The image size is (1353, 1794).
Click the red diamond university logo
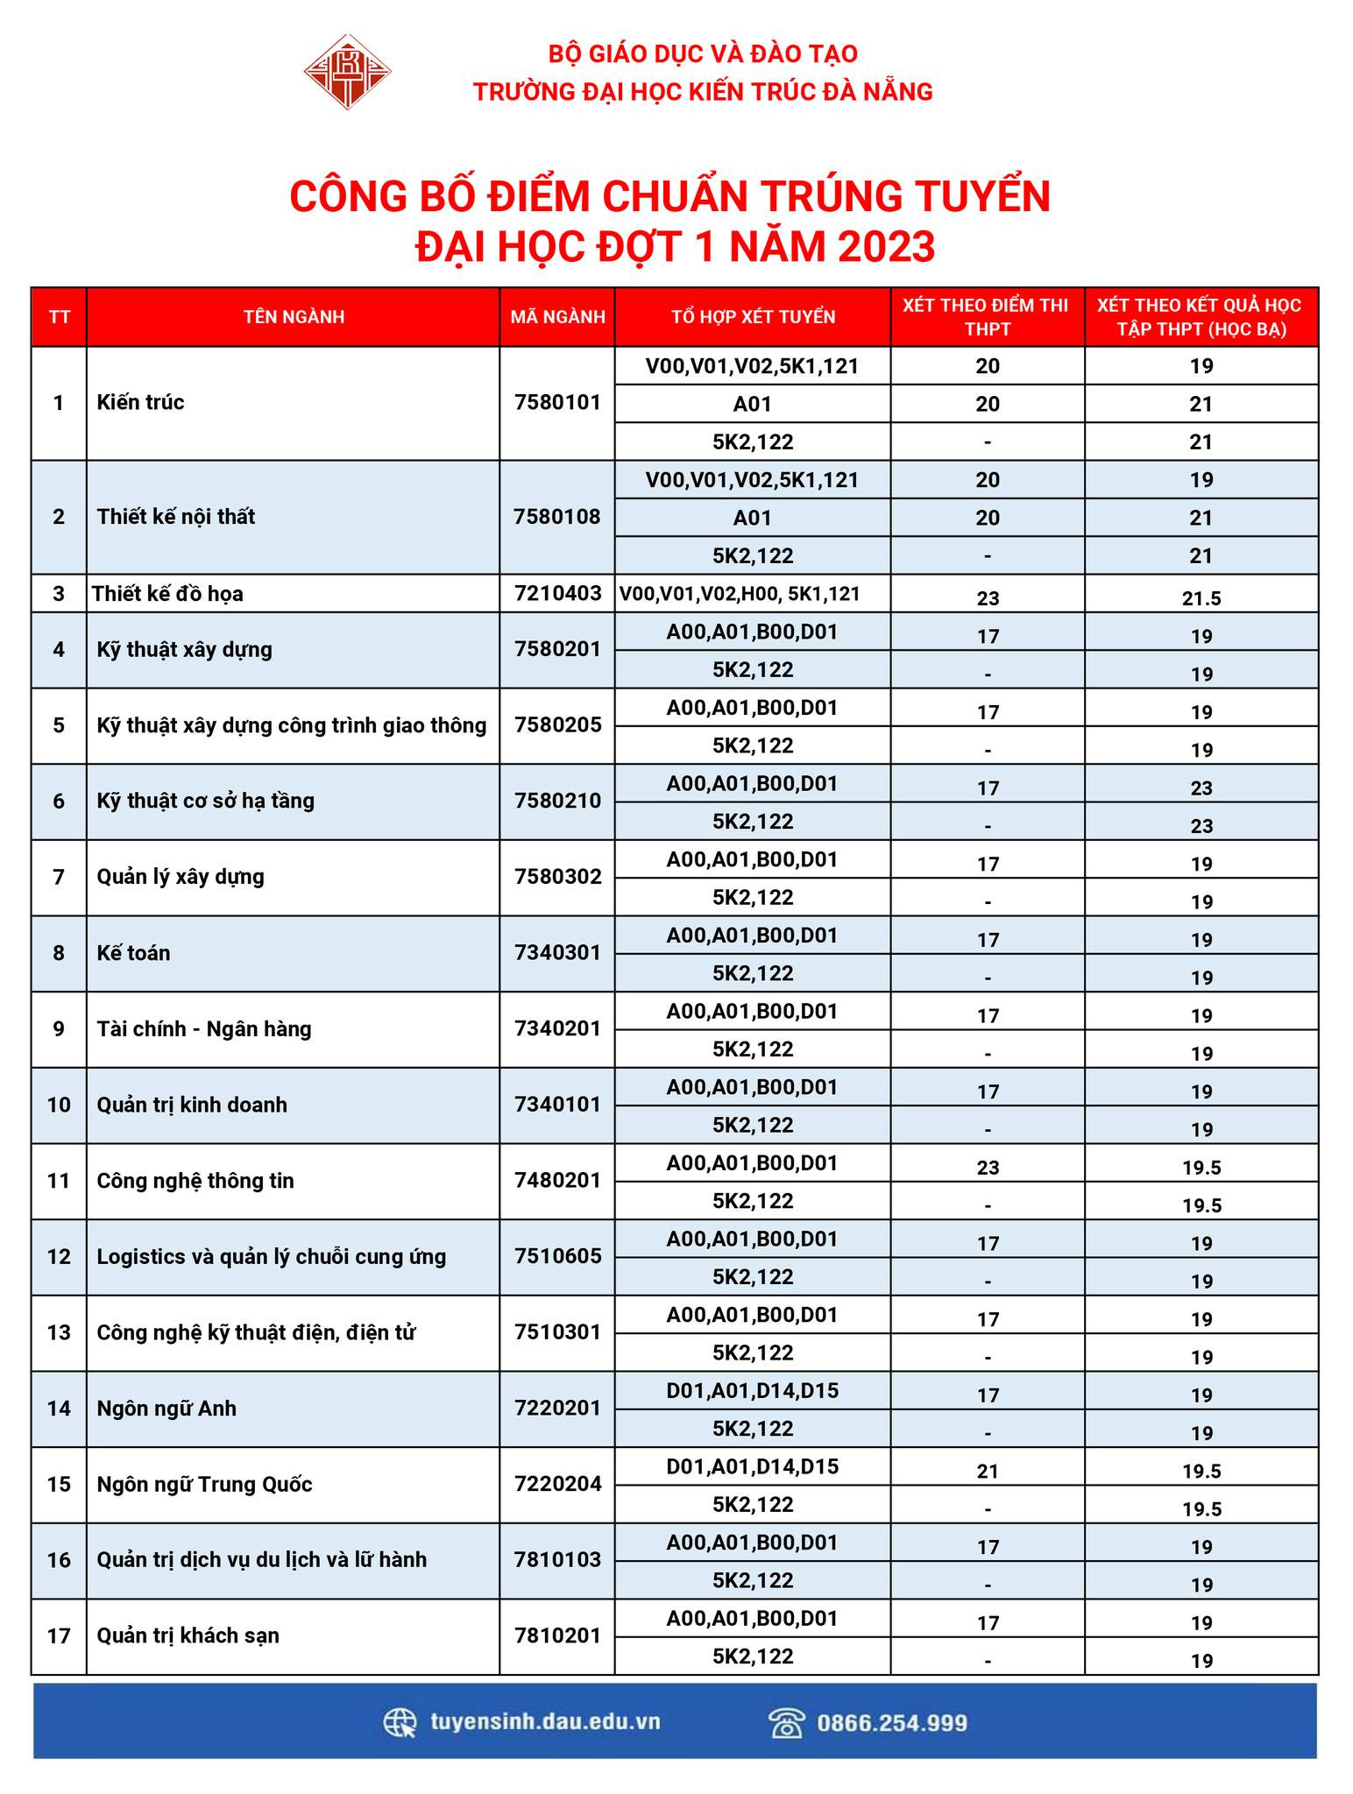coord(347,72)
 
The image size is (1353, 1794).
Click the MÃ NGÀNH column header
coord(557,316)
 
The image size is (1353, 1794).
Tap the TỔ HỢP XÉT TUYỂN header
coord(753,316)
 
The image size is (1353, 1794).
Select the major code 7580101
coord(557,403)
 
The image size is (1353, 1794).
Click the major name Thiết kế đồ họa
coord(167,594)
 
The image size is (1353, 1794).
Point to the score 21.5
coord(1201,598)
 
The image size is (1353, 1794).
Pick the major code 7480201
coord(557,1180)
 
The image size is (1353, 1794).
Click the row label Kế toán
coord(133,953)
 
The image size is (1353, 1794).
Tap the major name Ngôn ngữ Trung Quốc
coord(204,1484)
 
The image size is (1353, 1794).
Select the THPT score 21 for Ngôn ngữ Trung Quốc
coord(988,1472)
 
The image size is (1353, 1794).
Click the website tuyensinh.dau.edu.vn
coord(545,1721)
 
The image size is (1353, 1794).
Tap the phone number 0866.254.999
coord(892,1723)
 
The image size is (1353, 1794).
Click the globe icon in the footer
coord(400,1722)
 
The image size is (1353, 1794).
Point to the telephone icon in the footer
coord(786,1722)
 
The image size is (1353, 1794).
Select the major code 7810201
coord(557,1635)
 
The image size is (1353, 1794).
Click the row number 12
coord(59,1256)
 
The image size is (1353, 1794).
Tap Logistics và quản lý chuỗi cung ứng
coord(271,1256)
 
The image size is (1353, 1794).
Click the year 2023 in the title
coord(886,247)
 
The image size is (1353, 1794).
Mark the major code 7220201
coord(557,1408)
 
